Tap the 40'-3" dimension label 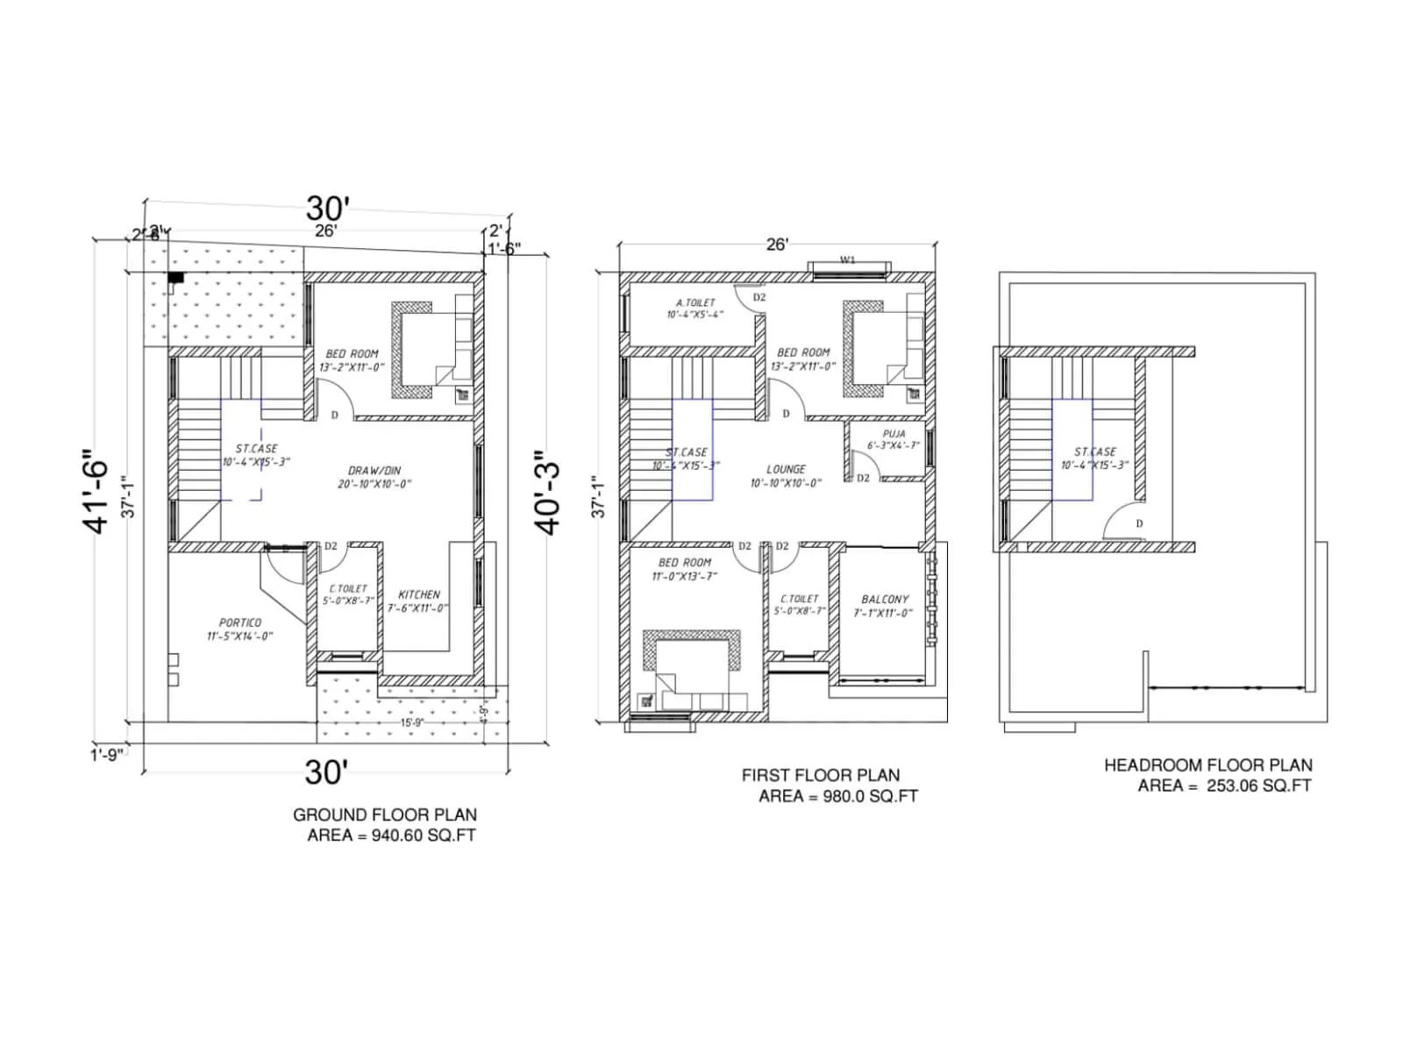tap(548, 493)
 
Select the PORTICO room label tap(240, 622)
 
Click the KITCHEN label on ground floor tap(419, 594)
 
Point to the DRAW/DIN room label tap(374, 471)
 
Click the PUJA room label tap(894, 434)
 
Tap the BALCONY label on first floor tap(885, 600)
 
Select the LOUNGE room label tap(786, 469)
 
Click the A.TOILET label tap(695, 302)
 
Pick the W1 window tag tap(847, 259)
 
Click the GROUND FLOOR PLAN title tap(385, 814)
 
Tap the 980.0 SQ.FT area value tap(870, 796)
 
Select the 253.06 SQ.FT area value tap(1258, 785)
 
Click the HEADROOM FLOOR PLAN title tap(1207, 765)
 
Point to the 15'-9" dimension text tap(412, 722)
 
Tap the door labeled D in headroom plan tap(1139, 523)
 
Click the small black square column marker tap(176, 278)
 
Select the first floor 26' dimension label tap(777, 244)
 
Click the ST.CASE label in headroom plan tap(1095, 451)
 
